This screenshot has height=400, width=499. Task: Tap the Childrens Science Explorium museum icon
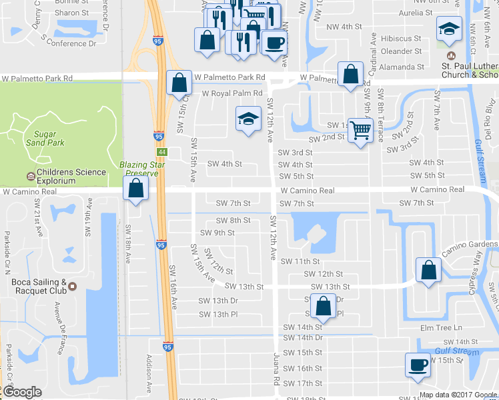point(31,177)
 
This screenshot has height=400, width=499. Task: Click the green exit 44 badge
point(163,152)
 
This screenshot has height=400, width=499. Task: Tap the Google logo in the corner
point(22,392)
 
